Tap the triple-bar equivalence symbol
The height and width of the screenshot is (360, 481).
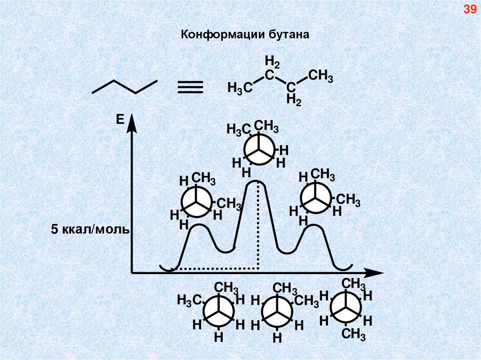tap(190, 87)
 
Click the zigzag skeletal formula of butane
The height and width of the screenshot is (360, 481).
tap(124, 86)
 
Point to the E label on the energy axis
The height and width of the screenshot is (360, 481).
tap(120, 121)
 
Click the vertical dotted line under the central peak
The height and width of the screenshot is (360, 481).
tap(258, 225)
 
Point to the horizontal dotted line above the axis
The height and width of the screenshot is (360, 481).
tap(216, 269)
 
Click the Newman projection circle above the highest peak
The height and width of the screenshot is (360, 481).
tap(258, 150)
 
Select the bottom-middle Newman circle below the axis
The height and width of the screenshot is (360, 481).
tap(277, 312)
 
